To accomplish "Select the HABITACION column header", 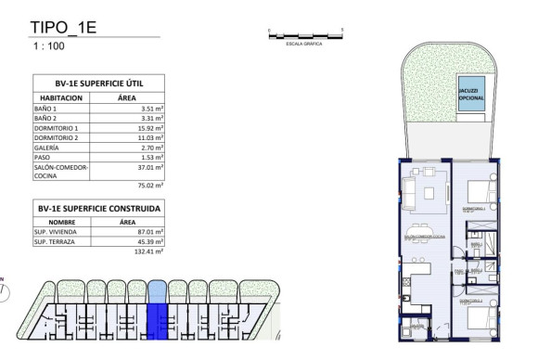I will point(62,96).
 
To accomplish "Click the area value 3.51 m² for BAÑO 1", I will point(151,109).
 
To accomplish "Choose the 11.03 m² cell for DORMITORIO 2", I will point(149,137).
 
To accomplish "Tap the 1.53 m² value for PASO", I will point(151,157).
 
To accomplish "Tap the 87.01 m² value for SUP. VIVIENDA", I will point(149,232).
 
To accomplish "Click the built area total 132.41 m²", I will point(147,251).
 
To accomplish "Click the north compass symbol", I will point(5,289).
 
